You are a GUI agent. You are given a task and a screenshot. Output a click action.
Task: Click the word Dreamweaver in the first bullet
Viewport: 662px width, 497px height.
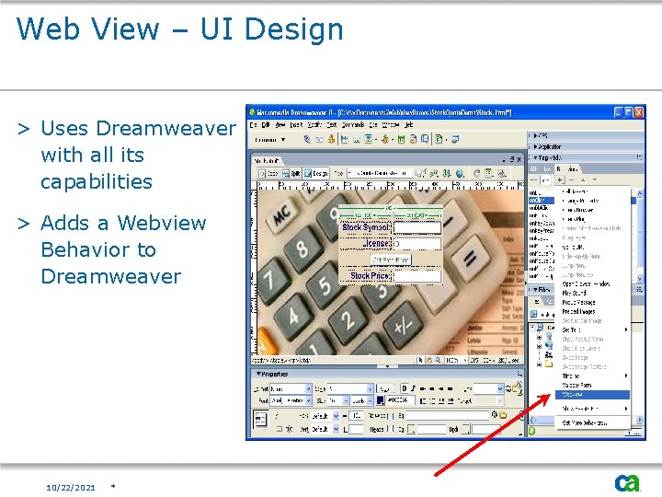[165, 128]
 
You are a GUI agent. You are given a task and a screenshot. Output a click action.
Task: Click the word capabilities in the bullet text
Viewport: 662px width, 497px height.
[96, 181]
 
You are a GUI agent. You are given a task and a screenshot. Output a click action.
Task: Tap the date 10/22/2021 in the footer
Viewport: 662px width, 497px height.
[71, 487]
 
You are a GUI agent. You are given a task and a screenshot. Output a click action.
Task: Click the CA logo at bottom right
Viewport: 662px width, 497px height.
[628, 482]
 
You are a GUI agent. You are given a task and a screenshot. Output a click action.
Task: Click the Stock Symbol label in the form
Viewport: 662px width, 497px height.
[366, 227]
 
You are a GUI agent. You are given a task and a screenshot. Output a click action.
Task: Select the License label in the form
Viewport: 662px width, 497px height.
[376, 244]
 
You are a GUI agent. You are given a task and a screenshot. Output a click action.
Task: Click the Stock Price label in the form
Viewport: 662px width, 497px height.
[370, 275]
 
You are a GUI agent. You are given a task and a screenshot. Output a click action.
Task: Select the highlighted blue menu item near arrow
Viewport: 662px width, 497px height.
[593, 393]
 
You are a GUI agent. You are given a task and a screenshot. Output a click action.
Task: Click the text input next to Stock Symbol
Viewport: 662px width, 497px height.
[417, 227]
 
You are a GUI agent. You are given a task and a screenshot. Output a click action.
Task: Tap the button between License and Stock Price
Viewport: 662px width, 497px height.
[391, 260]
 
